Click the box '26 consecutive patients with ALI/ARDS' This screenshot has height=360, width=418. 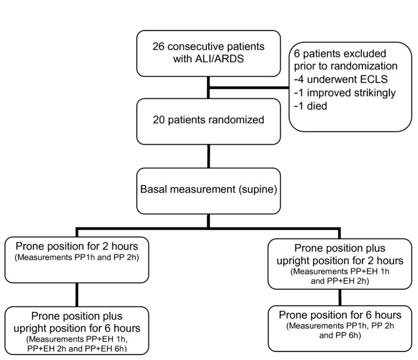[x=209, y=54]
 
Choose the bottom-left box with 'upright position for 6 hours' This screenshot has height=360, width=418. [x=75, y=329]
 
